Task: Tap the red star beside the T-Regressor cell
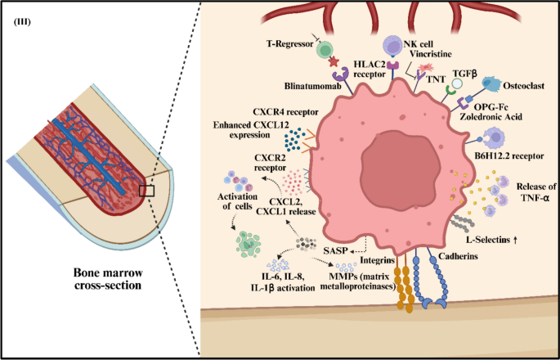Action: coord(334,63)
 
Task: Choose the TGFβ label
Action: coord(461,73)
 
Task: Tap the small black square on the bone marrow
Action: coord(146,191)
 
